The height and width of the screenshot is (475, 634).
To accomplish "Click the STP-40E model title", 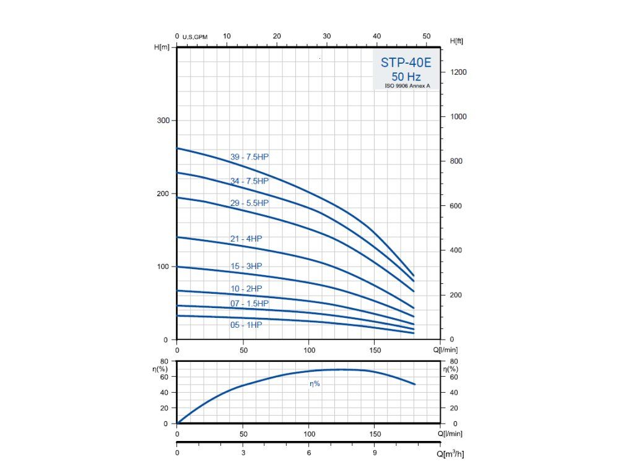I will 406,63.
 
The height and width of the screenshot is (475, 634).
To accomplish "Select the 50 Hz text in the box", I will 406,77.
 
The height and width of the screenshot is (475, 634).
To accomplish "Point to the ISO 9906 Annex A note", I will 406,86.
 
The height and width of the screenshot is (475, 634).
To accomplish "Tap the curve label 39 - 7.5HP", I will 250,157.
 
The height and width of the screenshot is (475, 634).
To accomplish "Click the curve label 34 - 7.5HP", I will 250,181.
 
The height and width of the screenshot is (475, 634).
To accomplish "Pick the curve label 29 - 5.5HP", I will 250,203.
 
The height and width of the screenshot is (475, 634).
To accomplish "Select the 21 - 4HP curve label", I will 246,239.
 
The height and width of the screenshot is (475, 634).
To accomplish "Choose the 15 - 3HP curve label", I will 246,266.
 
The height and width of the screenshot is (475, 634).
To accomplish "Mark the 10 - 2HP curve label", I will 246,289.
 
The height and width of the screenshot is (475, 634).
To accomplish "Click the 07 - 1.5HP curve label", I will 250,304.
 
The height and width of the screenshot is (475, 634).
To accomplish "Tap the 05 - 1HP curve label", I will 246,325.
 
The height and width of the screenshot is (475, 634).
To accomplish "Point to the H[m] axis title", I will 162,47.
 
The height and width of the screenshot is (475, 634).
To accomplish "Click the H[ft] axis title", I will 456,41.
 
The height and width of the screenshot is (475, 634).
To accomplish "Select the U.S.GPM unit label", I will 195,38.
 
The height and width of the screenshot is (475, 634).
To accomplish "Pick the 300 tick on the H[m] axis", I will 162,120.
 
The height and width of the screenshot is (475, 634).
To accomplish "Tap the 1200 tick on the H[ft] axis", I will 458,72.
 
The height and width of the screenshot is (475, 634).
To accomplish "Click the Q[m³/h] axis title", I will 450,454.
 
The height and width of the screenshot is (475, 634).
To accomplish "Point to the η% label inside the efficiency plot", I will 315,384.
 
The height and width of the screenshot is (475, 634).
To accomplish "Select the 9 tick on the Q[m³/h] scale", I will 375,453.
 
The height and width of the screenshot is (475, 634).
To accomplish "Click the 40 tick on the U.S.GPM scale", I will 377,36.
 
